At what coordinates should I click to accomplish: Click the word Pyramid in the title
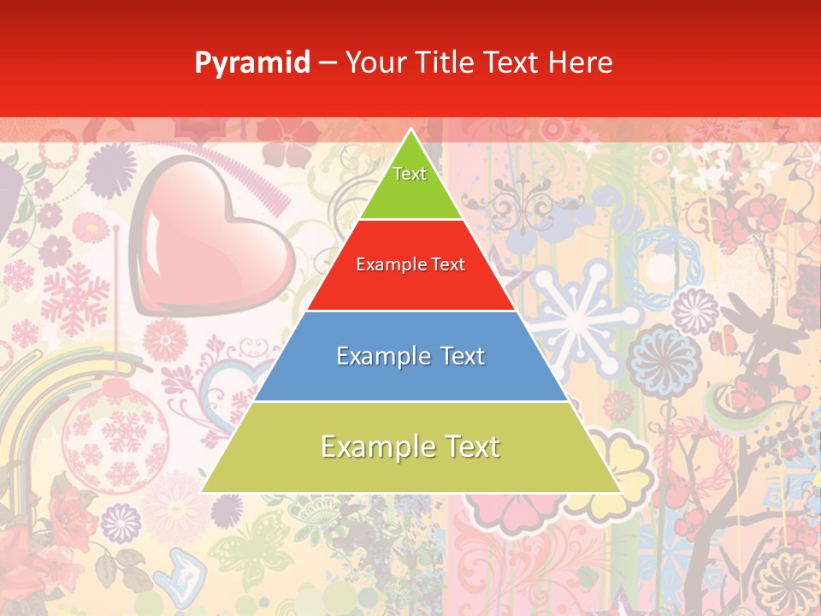coord(252,62)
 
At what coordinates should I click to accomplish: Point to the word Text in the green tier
coord(410,174)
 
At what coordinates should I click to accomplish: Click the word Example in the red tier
coord(388,264)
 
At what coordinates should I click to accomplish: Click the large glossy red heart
coord(210,248)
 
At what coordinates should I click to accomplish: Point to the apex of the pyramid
coord(410,131)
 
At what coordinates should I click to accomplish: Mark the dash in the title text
coord(328,62)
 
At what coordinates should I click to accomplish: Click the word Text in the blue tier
coord(457,356)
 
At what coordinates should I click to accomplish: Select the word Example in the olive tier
coord(369,447)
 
